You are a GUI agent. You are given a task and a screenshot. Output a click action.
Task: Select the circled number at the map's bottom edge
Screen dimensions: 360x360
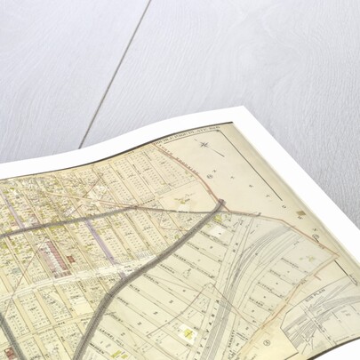pyautogui.click(x=266, y=338)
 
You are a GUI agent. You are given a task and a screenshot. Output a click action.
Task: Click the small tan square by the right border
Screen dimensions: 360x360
pyautogui.click(x=301, y=214)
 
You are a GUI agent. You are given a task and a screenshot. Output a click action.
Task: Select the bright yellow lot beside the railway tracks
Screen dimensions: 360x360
pyautogui.click(x=189, y=332)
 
